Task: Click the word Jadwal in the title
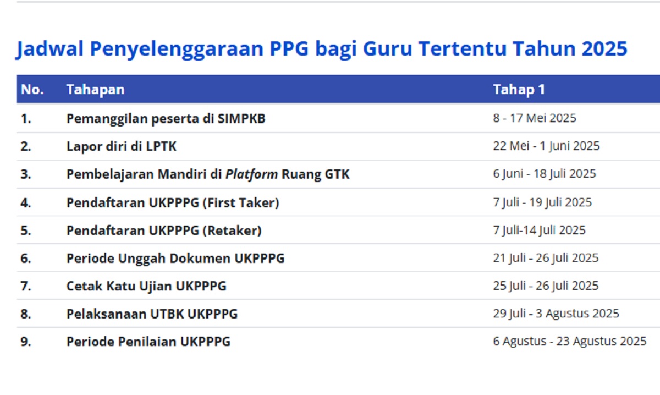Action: pos(50,49)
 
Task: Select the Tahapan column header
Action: pos(96,90)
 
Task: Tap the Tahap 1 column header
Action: pos(519,90)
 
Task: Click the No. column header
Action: pos(32,90)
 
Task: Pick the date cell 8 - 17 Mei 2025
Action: pos(535,118)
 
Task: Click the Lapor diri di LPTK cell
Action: pos(122,146)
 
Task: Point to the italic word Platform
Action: pos(251,174)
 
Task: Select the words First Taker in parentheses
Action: pos(241,203)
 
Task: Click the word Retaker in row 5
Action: pos(232,231)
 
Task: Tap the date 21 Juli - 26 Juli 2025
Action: pos(546,258)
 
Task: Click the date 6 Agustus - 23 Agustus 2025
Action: pos(570,341)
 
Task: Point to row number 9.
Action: pos(26,342)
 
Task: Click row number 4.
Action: pos(26,203)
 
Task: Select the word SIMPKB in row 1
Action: pos(241,119)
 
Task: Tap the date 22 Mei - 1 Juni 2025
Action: pos(546,146)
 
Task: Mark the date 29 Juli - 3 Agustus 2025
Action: pos(556,314)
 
